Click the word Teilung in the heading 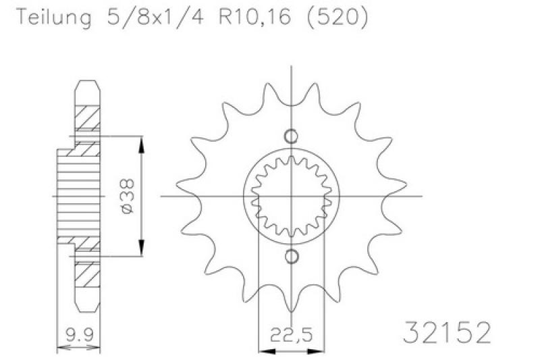pos(55,17)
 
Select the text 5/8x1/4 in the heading pos(155,16)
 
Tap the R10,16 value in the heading pos(254,16)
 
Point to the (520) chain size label pos(337,17)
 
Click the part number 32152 pos(447,332)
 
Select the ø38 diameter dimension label pos(128,196)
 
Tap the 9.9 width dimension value pos(79,334)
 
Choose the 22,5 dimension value pos(292,334)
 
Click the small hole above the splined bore pos(291,136)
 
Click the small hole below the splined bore pos(292,257)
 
